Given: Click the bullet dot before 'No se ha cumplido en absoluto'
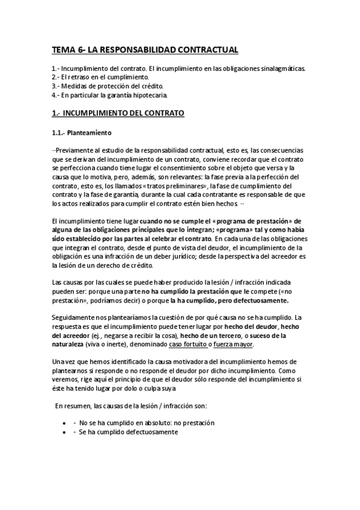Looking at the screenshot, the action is tap(64, 423).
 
